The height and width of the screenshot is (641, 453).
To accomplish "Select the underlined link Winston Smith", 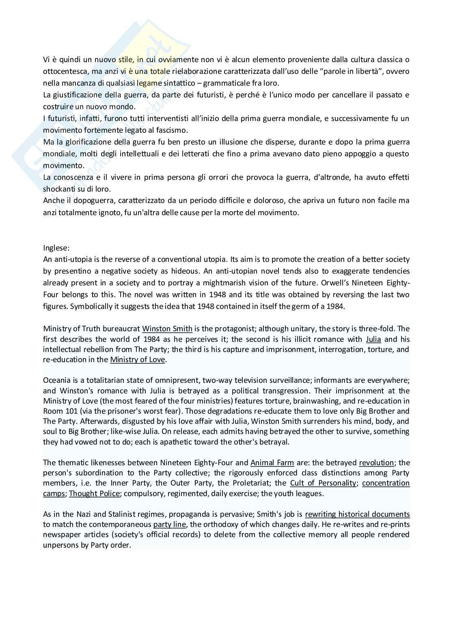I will click(x=167, y=328).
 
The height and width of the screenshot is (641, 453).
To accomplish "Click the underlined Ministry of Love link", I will click(x=137, y=360).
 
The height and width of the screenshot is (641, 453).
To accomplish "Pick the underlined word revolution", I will click(x=376, y=462).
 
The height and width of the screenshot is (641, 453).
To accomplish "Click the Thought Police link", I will click(x=94, y=493).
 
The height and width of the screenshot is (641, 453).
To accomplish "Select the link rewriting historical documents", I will click(x=357, y=514).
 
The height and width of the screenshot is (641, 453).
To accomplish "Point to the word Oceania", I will click(x=57, y=380).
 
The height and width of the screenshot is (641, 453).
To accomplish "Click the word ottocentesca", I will click(x=66, y=71).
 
